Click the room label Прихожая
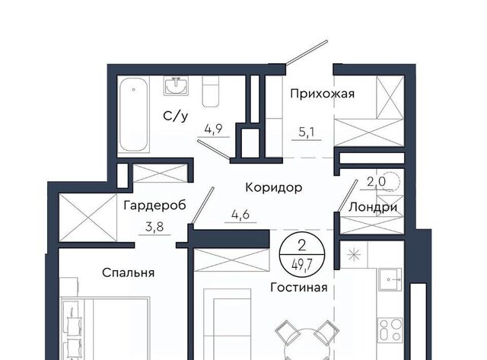coord(323,94)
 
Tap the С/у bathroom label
coord(176,116)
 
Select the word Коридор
coord(274,187)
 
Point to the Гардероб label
coord(154,205)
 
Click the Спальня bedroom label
coord(129,272)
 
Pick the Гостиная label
coord(299,288)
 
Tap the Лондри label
coord(373,207)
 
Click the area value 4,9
coord(214,129)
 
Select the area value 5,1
coord(307,132)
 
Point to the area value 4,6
coord(240,215)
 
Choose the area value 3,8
coord(154,227)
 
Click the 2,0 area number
coord(376,181)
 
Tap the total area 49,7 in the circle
coord(302,266)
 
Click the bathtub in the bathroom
coord(134,114)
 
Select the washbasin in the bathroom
coord(176,86)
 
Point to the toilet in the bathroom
coord(210,91)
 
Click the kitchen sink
coord(390,279)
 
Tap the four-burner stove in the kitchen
coord(390,330)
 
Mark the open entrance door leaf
coord(307,53)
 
